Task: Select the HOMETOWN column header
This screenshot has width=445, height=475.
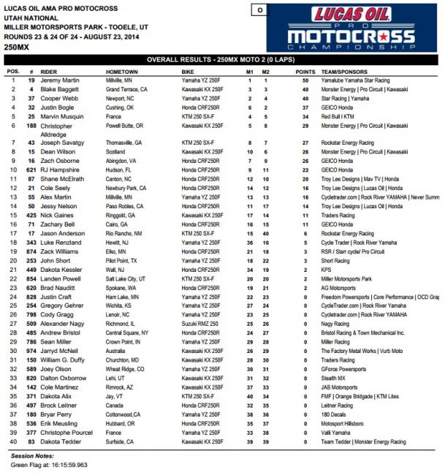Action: pyautogui.click(x=123, y=72)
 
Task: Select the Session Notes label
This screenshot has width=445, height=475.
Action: pyautogui.click(x=32, y=455)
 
